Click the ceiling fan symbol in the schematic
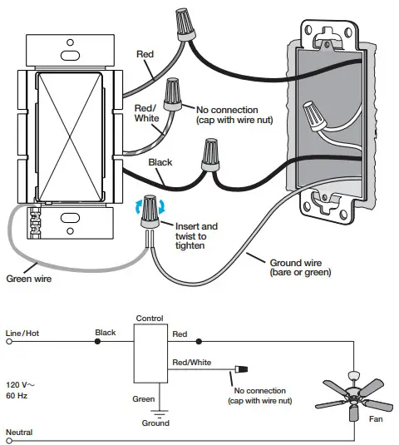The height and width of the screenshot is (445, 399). click(x=356, y=398)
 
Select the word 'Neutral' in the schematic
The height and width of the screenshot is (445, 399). click(x=20, y=433)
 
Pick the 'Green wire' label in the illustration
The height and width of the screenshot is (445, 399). click(x=28, y=279)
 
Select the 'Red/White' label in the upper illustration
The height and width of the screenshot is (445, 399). click(x=147, y=113)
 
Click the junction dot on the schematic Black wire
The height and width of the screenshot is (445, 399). click(x=97, y=342)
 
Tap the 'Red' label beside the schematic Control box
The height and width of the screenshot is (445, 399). click(x=179, y=333)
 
